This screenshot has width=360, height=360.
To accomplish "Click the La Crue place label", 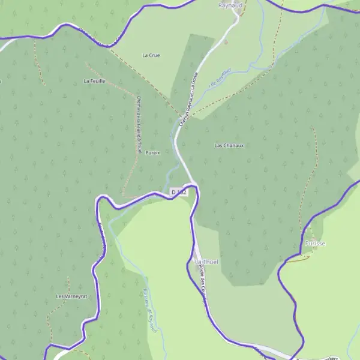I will (x=151, y=55).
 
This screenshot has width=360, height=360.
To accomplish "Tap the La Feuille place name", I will (x=94, y=80).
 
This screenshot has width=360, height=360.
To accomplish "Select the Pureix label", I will (x=152, y=152).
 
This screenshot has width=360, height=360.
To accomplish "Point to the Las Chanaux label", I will (x=229, y=145).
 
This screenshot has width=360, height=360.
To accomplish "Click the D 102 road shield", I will (x=179, y=192).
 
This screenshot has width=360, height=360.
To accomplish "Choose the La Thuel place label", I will (x=207, y=262).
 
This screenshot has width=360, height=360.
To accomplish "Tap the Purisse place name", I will (x=314, y=244).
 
